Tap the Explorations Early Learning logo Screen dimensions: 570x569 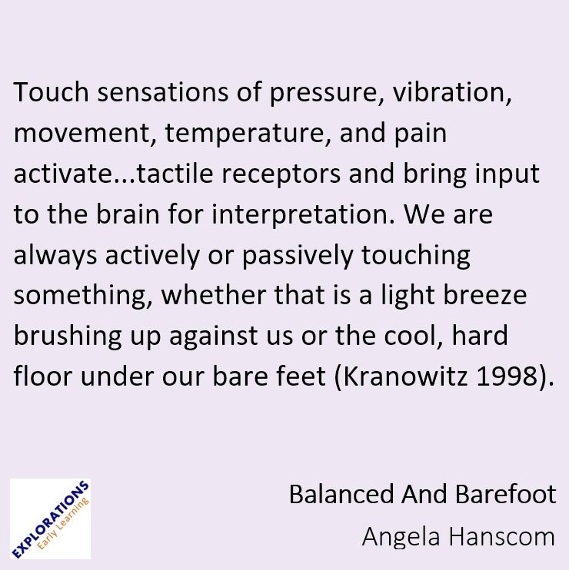pyautogui.click(x=50, y=519)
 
